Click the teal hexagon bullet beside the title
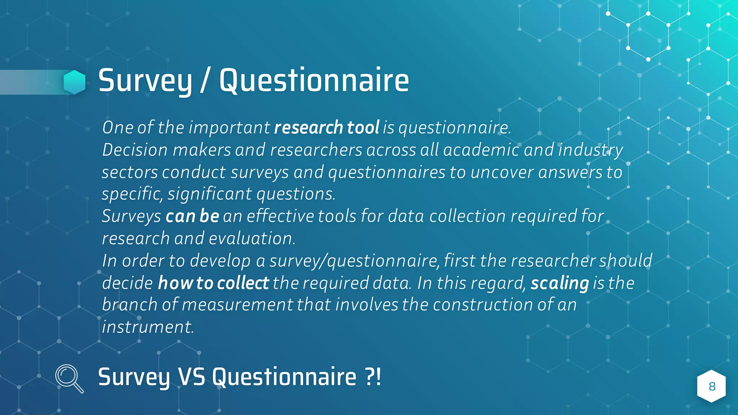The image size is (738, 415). pos(75,82)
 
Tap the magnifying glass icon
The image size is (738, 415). pos(69,378)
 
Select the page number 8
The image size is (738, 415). pos(712,387)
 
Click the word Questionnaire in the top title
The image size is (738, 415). pos(314,81)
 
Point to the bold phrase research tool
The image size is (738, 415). pos(326,128)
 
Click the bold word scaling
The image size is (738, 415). pos(560,283)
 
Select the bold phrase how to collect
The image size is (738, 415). pos(213,283)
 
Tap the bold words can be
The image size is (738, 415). pos(192,216)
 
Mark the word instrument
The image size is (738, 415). pos(148,327)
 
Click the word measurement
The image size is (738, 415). pos(237,305)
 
